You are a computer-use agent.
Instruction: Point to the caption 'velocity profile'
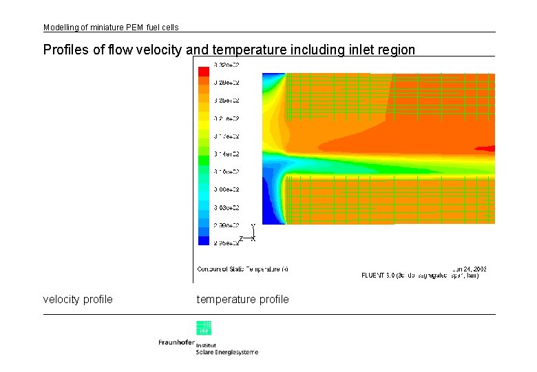click(x=78, y=300)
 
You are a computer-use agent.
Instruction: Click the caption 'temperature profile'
click(x=243, y=300)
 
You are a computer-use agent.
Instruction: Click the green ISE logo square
click(x=204, y=328)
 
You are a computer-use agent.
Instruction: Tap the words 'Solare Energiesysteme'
click(x=227, y=353)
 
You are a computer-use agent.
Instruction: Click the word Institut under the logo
click(x=207, y=344)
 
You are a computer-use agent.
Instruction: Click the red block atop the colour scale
click(x=204, y=71)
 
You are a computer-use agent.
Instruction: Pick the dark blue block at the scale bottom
click(x=204, y=240)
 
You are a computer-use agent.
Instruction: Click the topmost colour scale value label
click(x=227, y=65)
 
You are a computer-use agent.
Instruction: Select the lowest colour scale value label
click(x=227, y=243)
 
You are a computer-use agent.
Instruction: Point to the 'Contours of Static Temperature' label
click(x=243, y=269)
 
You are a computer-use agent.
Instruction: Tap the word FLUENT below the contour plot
click(x=376, y=276)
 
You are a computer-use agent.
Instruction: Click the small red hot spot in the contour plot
click(x=486, y=147)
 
